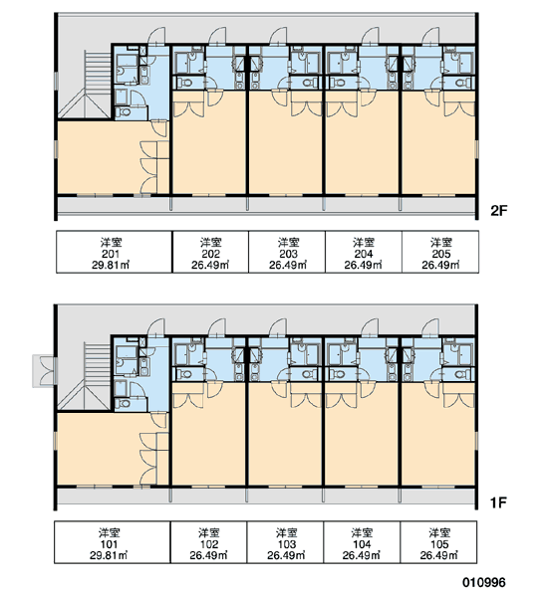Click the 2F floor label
[499, 211]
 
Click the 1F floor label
[498, 502]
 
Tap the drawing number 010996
[484, 582]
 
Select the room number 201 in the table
[111, 254]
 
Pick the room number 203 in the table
[288, 254]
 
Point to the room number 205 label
[441, 254]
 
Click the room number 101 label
[109, 544]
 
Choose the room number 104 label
[362, 544]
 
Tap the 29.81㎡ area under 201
[111, 265]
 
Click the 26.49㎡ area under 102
[208, 555]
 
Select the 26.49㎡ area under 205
[440, 265]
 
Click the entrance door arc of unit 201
[156, 35]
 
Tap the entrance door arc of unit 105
[430, 327]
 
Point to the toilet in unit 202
[185, 83]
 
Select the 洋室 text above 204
[364, 242]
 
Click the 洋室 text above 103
[286, 532]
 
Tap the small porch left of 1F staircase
[43, 371]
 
